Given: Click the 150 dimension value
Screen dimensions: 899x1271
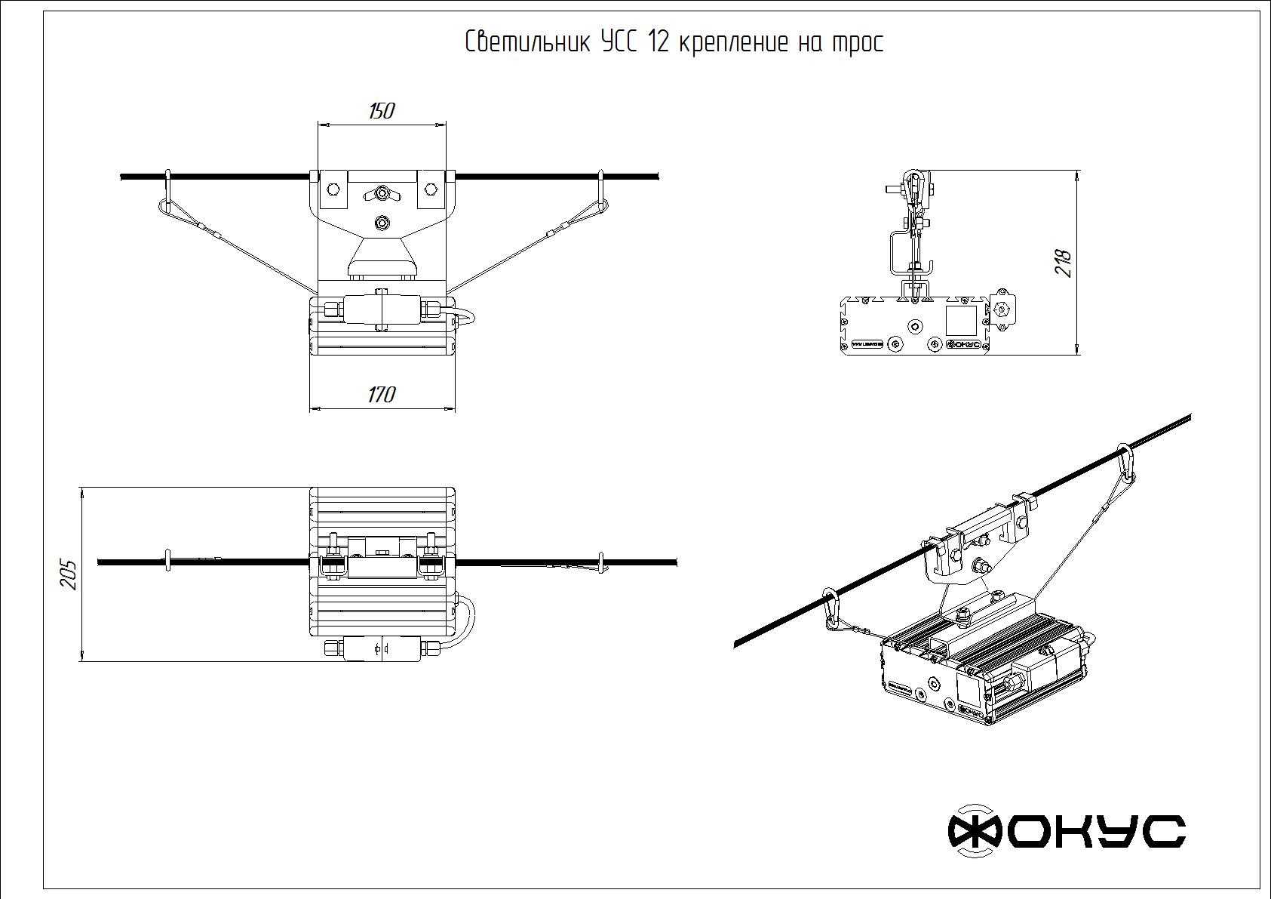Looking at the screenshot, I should pos(382,112).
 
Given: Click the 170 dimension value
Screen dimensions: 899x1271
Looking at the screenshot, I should pos(382,395).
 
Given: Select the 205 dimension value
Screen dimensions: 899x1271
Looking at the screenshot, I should pos(69,574).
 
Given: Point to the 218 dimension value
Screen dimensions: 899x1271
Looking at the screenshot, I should pos(1064,263).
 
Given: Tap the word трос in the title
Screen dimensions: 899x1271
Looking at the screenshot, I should pos(856,44).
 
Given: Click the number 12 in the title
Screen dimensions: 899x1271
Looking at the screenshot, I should pos(657,42).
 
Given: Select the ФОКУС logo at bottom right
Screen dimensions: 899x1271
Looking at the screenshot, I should pos(1066,831).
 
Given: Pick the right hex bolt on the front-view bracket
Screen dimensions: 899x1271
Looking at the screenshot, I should pos(431,188).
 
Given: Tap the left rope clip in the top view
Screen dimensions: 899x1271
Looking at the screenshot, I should pos(168,561).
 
